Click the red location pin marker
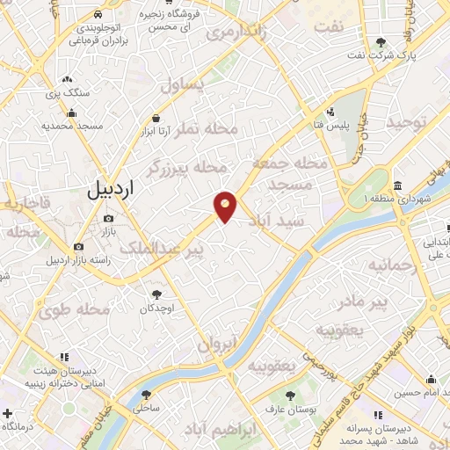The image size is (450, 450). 226,207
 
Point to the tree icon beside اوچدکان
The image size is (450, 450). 157,294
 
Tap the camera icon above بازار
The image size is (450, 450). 109,218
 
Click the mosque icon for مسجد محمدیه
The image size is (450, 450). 70,112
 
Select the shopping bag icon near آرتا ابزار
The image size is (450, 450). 156,118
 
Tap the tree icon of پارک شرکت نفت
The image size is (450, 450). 381,42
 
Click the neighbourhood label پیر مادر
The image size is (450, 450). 364,303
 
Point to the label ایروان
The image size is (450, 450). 217,344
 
